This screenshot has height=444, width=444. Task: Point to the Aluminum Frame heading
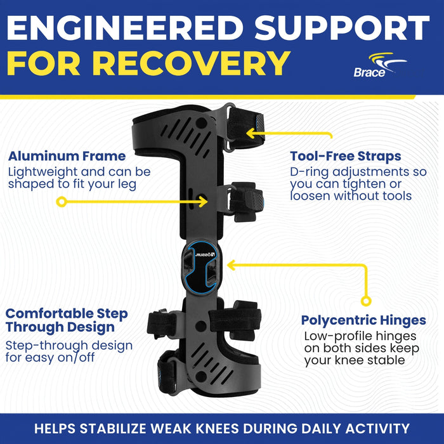tap(67, 156)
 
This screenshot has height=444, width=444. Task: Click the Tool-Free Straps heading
tap(346, 156)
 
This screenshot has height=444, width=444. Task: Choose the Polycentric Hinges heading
tap(363, 320)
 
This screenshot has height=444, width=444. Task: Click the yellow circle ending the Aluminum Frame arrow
tap(62, 202)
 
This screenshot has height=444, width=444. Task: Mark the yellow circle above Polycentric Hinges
tap(366, 301)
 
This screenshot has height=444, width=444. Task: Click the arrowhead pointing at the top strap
tap(251, 133)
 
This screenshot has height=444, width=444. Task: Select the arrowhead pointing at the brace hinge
tap(232, 265)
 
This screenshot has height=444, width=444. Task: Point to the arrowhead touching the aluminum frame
tap(203, 202)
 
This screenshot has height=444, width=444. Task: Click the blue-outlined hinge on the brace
tap(201, 268)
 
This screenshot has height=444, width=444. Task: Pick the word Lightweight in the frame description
tap(42, 172)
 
